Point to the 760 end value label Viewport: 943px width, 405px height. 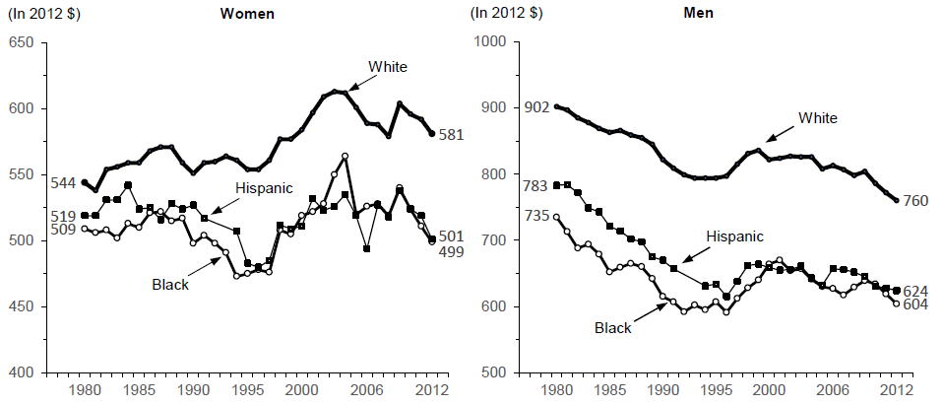pyautogui.click(x=914, y=202)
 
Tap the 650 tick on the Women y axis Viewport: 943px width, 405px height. pyautogui.click(x=22, y=42)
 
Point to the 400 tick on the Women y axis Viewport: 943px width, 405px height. pyautogui.click(x=22, y=372)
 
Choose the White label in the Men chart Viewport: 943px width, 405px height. pyautogui.click(x=817, y=118)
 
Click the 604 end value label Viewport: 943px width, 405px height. pyautogui.click(x=916, y=304)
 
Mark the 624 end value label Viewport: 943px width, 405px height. pyautogui.click(x=916, y=290)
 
